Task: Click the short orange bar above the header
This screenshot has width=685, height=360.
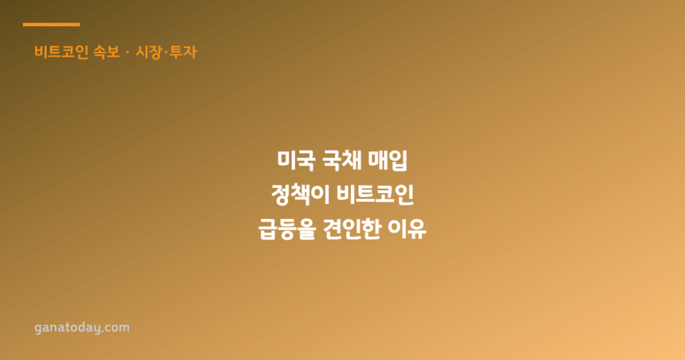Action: [x=51, y=25]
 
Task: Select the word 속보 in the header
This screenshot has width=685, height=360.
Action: [x=106, y=52]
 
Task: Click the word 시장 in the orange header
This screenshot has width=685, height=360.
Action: [x=149, y=52]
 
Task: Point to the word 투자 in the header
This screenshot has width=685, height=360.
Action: [x=183, y=52]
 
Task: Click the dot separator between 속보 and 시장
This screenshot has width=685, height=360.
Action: [x=128, y=52]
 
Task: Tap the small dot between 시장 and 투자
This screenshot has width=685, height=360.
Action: [x=166, y=52]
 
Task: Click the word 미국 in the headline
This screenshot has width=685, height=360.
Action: [x=296, y=161]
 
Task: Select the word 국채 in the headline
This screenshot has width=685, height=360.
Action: [x=342, y=161]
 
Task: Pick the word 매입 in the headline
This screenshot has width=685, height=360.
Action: [x=388, y=161]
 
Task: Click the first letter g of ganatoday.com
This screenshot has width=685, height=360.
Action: [x=39, y=328]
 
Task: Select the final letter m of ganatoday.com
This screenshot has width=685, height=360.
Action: [x=124, y=328]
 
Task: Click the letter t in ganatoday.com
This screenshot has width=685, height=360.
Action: [x=62, y=327]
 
